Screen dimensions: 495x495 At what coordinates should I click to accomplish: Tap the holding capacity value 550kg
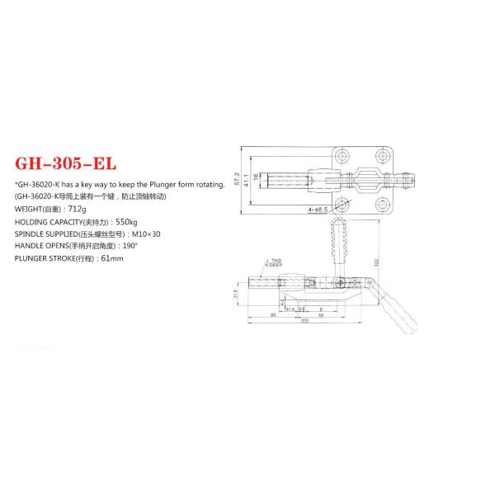click(x=128, y=222)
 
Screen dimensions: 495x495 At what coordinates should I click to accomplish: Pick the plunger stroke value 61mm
click(x=111, y=258)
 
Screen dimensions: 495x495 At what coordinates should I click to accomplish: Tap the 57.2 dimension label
click(x=237, y=179)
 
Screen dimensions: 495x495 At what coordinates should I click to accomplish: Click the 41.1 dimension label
click(x=246, y=179)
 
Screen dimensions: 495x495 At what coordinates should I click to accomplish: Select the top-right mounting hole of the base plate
click(x=379, y=156)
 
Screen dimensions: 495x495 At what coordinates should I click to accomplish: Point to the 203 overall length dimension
click(x=304, y=322)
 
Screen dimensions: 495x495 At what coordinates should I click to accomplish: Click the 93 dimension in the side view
click(x=272, y=315)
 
